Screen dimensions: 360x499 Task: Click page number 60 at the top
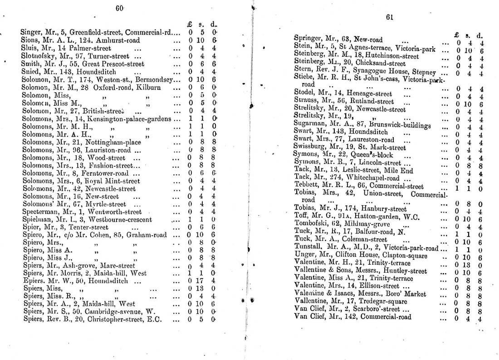[120, 7]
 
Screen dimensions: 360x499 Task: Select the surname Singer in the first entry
[30, 32]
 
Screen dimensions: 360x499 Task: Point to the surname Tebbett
[306, 186]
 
